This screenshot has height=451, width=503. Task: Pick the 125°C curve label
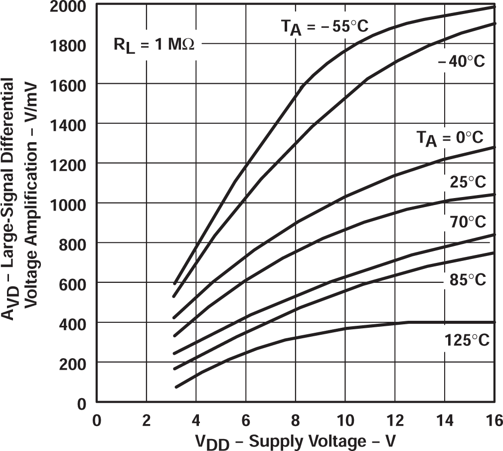coord(467,341)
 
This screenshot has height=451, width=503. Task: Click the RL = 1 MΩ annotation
coord(154,46)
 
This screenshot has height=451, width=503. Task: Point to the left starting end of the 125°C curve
coord(176,387)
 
